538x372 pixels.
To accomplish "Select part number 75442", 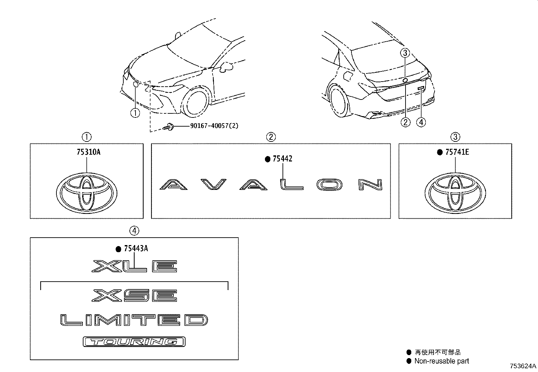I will tap(282, 158).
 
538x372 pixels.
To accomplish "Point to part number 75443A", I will tap(136, 249).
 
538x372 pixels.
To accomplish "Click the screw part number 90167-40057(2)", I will tap(214, 126).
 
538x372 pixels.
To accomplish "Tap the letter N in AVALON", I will tap(370, 184).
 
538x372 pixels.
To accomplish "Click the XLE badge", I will tap(134, 266).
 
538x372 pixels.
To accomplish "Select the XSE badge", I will tap(134, 296).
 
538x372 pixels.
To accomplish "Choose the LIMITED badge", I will tap(134, 320).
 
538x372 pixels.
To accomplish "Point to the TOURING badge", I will tap(134, 342).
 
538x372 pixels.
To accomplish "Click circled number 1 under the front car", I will tap(135, 113).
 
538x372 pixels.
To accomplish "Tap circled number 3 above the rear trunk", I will tap(406, 53).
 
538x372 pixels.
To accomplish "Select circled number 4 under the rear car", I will tap(421, 122).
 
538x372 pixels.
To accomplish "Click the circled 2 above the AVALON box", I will tap(271, 137).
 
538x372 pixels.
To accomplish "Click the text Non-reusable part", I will tap(441, 361).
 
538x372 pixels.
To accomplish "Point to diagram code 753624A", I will tap(523, 366).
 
